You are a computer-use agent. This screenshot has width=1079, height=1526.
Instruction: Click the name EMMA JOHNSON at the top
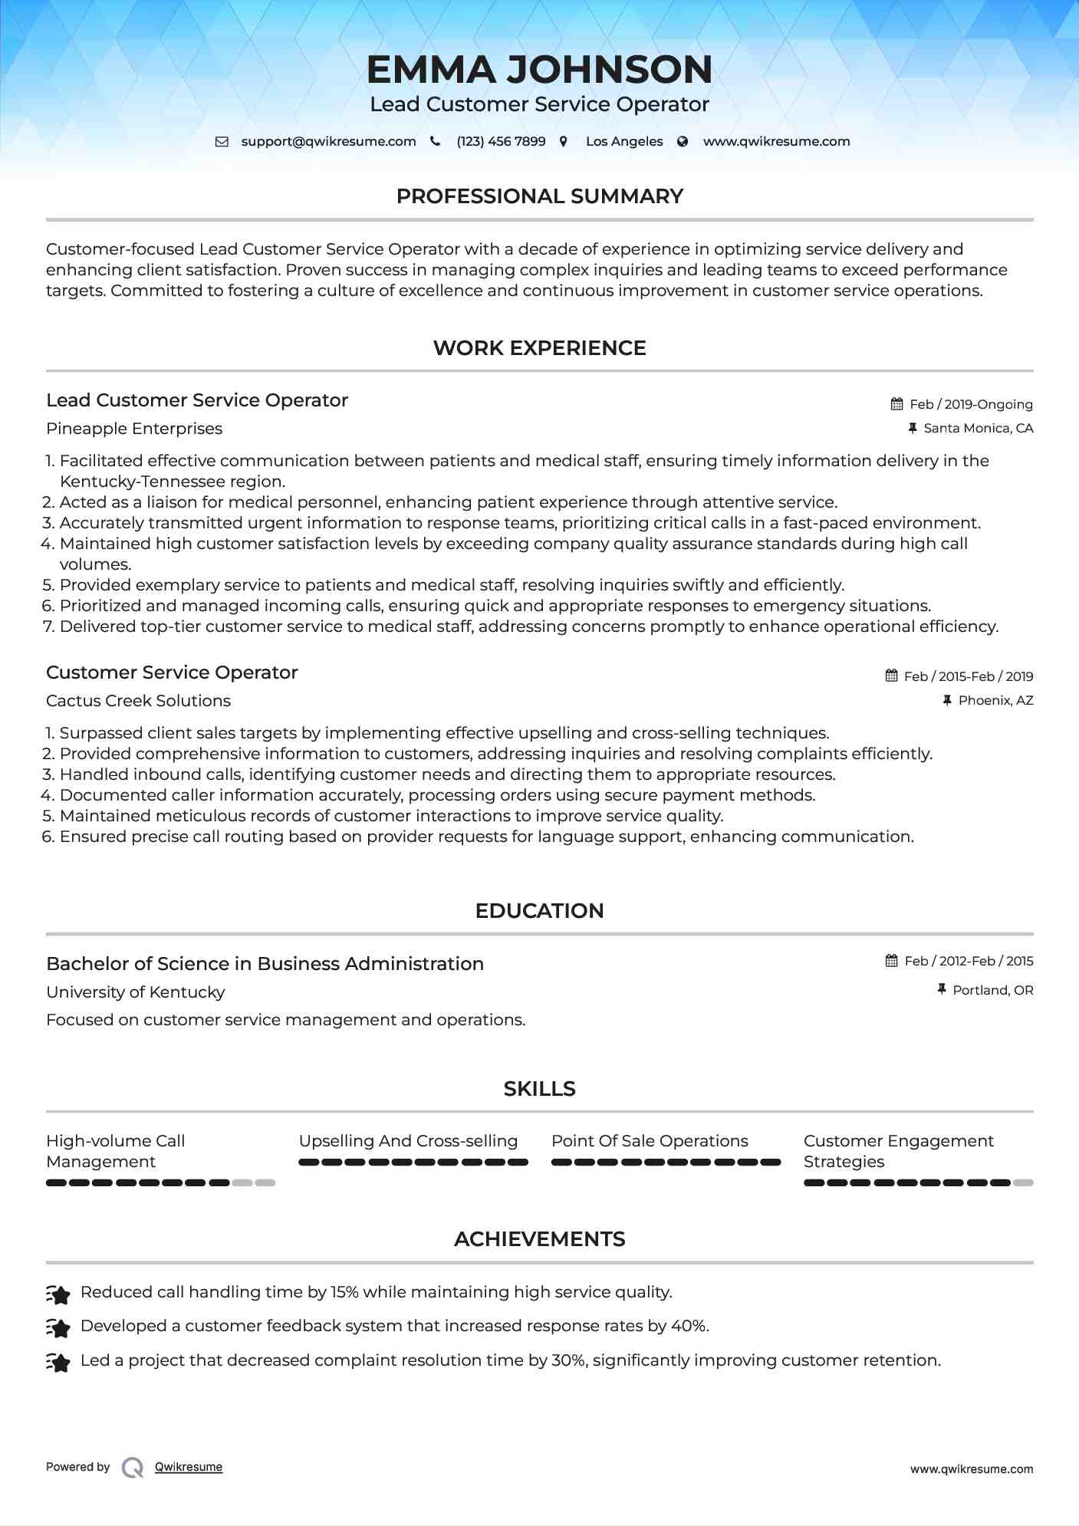pos(539,69)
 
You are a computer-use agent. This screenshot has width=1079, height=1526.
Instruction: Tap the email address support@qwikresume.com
pos(328,141)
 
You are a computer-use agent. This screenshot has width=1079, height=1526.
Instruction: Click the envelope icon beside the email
pos(222,141)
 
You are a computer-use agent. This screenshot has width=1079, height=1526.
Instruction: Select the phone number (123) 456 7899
pos(501,141)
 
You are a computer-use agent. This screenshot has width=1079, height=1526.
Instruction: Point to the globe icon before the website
pos(683,141)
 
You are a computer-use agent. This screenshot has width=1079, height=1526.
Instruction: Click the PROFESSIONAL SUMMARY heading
pos(539,196)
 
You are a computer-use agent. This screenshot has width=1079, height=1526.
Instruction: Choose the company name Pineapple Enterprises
pos(134,429)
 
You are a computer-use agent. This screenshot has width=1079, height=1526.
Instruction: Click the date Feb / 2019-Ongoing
pos(971,404)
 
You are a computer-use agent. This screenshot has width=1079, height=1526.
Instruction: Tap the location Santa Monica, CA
pos(978,428)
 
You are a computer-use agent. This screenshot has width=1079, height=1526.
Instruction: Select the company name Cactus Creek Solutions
pos(138,701)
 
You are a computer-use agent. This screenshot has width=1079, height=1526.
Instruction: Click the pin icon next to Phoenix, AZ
pos(947,700)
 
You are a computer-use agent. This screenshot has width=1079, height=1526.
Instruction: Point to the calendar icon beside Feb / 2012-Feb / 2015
pos(891,961)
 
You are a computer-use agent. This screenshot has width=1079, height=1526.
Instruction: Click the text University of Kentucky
pos(136,992)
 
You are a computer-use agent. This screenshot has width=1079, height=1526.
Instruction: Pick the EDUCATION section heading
pos(539,911)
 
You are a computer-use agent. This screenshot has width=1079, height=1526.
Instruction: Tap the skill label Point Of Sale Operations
pos(650,1141)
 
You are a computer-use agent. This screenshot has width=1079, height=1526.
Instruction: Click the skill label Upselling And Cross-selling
pos(408,1141)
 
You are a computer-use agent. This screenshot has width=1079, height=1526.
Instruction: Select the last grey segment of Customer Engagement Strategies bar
pos(1023,1182)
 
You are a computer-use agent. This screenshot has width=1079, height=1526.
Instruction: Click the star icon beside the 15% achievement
pos(58,1294)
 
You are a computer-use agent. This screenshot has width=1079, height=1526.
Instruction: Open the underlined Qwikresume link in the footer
pos(189,1467)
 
